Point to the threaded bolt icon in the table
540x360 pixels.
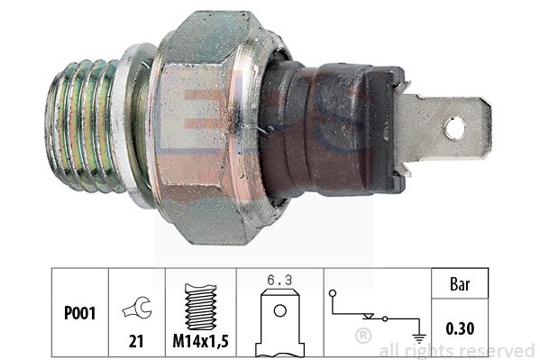pyautogui.click(x=199, y=305)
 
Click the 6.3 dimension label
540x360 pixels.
pyautogui.click(x=280, y=282)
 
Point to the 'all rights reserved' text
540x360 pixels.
pyautogui.click(x=455, y=349)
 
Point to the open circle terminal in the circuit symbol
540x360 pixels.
pyautogui.click(x=333, y=294)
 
